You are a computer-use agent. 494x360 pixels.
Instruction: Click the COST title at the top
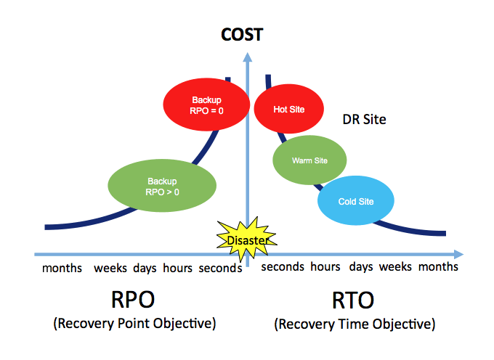coord(242,35)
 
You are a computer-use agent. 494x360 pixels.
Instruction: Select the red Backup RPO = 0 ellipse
coord(206,105)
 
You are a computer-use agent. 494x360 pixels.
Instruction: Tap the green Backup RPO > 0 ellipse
coord(162,186)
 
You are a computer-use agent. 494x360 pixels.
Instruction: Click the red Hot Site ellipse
coord(289,109)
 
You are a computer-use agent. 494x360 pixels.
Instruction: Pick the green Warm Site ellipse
coord(309,160)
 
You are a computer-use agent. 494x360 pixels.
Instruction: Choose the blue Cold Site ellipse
coord(356,201)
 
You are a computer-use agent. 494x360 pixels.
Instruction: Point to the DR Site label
coord(364,120)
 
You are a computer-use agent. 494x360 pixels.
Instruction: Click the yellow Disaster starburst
coord(247,240)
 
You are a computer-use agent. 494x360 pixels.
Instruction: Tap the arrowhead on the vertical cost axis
coord(248,57)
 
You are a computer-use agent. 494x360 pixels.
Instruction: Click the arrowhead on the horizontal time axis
coord(458,254)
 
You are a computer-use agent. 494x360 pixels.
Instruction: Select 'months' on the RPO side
coord(62,268)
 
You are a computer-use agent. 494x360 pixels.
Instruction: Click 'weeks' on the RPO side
coord(110,268)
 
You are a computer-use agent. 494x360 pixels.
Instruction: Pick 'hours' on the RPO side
coord(178,268)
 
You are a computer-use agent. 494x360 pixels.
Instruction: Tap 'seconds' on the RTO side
coord(283,267)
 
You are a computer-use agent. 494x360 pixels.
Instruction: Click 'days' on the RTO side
coord(361,267)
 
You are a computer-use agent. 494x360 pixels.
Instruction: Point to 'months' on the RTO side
coord(438,267)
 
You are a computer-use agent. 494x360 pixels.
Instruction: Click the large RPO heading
coord(133,300)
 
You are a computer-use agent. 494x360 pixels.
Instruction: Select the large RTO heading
coord(353,300)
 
